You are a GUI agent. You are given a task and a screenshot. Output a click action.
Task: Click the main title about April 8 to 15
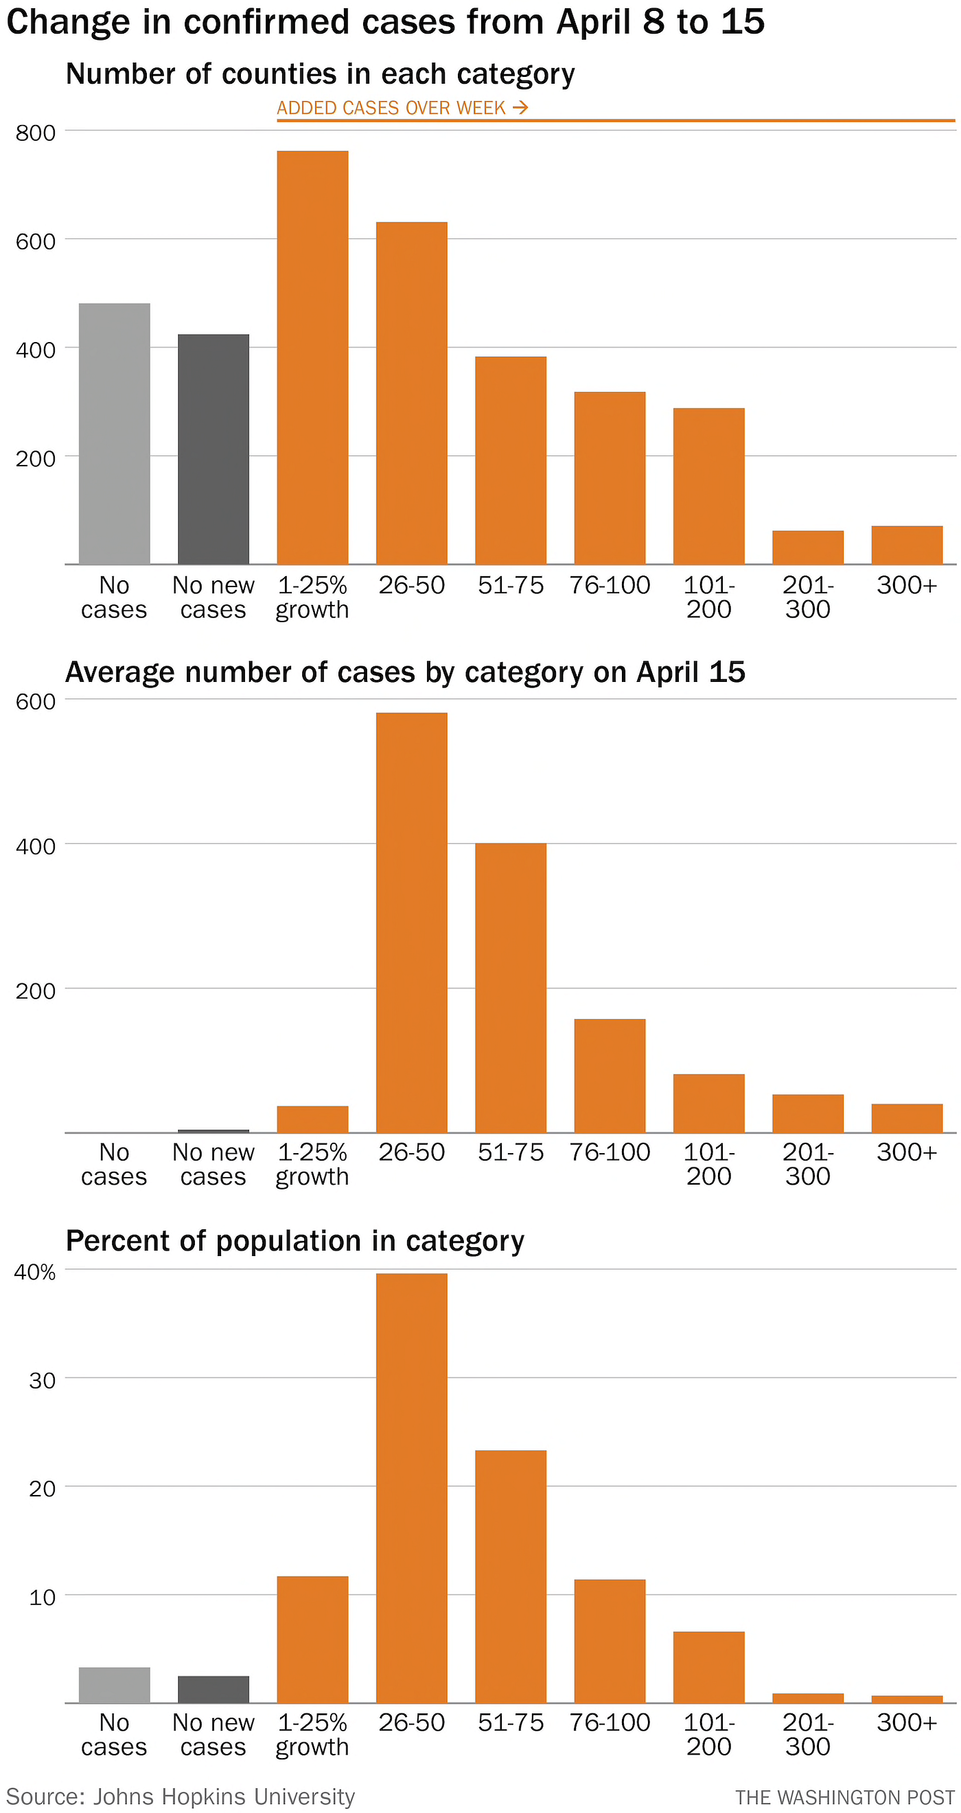[x=385, y=22]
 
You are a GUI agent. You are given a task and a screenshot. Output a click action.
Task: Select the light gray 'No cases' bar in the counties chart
[x=114, y=433]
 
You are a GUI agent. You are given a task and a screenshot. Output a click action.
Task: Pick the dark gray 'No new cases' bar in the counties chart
[x=213, y=449]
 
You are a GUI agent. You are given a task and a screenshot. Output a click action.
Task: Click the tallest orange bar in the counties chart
[x=312, y=358]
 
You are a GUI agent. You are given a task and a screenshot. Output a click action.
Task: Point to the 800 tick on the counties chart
[x=35, y=133]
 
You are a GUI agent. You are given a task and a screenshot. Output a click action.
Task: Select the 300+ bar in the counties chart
[x=906, y=545]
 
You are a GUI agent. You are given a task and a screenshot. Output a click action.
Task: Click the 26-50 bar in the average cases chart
[x=412, y=922]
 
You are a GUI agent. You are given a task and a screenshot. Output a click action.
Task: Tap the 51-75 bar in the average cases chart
[x=511, y=988]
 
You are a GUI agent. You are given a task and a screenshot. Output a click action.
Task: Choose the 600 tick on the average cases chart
[x=35, y=702]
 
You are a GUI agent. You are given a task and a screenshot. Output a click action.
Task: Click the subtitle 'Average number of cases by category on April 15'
[x=405, y=672]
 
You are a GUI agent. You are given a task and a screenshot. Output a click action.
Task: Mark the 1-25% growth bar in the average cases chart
[x=312, y=1119]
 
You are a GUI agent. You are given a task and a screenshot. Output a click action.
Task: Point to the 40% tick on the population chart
[x=35, y=1272]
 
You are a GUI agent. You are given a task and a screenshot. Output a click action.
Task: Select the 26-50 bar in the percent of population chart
[x=412, y=1488]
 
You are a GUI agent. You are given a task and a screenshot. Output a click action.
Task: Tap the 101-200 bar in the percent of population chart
[x=708, y=1667]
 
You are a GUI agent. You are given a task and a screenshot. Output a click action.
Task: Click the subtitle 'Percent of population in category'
[x=294, y=1241]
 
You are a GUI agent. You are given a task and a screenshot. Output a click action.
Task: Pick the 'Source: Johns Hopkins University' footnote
[x=181, y=1795]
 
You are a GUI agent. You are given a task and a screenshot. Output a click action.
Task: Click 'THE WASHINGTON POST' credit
[x=845, y=1797]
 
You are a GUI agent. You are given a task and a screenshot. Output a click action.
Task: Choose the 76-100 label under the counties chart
[x=610, y=585]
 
